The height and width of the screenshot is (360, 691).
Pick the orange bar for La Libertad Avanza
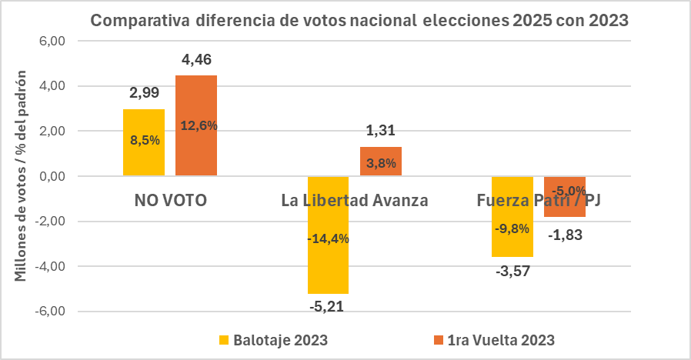(x=381, y=162)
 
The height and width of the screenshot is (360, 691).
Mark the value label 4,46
(x=196, y=60)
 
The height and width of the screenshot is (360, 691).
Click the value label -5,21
(x=329, y=308)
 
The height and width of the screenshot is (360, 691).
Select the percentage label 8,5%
(x=144, y=140)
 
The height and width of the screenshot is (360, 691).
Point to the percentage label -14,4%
(x=329, y=238)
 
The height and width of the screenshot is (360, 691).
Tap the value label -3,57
(x=512, y=271)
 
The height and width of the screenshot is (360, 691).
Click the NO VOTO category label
(x=170, y=202)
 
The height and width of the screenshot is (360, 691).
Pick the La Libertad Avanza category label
(x=355, y=202)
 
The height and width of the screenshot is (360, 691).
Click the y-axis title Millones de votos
(x=22, y=175)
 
